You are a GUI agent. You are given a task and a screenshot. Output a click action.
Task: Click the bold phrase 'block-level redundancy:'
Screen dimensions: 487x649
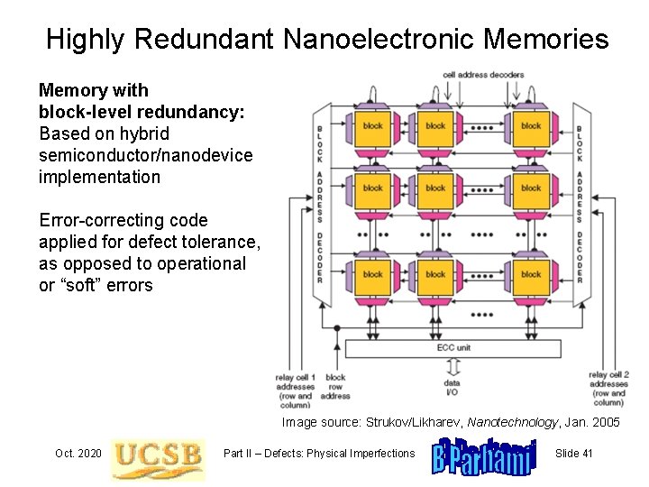coord(142,112)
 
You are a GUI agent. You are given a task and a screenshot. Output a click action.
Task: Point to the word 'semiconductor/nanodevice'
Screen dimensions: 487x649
coord(145,155)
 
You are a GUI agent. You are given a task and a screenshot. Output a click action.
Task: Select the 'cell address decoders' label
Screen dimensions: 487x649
coord(482,74)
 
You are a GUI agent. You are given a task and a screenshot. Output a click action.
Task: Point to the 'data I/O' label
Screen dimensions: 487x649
coord(452,388)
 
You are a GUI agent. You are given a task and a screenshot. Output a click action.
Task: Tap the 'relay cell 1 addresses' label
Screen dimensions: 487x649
coord(296,386)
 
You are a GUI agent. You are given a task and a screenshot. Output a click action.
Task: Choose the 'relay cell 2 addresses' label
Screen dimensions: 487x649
coord(608,386)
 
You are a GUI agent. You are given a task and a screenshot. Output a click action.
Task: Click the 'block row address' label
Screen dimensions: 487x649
coord(335,386)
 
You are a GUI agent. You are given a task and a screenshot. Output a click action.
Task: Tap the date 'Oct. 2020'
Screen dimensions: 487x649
coord(78,453)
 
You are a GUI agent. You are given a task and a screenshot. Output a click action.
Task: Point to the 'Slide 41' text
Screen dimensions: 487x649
coord(573,453)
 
